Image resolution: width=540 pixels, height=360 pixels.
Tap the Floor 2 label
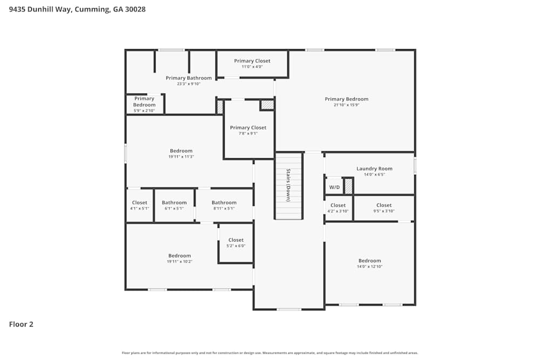21,324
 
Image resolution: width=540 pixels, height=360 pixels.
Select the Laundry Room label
374,168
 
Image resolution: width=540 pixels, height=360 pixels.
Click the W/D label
334,187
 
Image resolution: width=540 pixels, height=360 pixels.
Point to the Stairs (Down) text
288,185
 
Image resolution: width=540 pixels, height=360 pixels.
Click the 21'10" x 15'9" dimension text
346,105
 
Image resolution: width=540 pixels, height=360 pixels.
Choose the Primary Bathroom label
188,78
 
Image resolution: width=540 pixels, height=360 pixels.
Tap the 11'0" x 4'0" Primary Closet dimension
252,67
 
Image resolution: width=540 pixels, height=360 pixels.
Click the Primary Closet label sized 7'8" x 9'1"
248,127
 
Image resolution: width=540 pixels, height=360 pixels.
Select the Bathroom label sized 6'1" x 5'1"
174,202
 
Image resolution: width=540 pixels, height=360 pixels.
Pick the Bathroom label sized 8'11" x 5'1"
224,202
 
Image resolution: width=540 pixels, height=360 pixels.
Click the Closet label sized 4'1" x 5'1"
139,202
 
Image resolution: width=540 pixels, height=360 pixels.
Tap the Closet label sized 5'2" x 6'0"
236,240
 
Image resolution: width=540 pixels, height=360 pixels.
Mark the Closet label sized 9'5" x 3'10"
384,205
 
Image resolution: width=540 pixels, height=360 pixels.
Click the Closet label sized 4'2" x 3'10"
338,205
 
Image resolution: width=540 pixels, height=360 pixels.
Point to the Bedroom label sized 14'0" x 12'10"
369,261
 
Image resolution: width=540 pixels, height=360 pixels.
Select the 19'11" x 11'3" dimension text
181,157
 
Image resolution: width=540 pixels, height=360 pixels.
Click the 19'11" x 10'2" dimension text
179,262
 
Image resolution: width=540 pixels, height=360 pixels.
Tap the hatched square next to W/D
349,186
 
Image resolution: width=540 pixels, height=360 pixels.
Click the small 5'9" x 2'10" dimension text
144,111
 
